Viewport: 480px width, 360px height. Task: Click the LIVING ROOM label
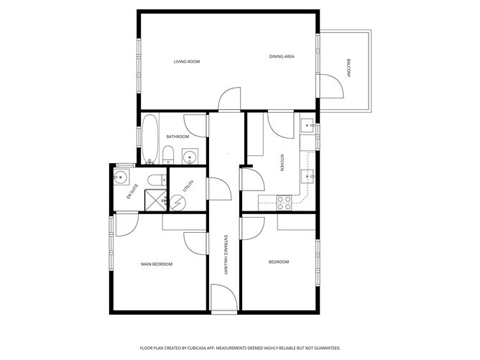pos(187,62)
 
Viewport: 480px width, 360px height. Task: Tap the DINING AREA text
pos(282,57)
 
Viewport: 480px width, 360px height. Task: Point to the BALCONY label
pos(349,68)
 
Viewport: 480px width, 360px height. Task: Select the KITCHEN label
pos(282,164)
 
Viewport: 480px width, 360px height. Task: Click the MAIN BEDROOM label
pos(157,264)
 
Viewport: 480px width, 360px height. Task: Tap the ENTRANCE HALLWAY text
pos(226,252)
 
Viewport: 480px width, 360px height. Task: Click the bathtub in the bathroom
pos(149,140)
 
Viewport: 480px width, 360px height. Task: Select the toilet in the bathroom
pos(167,153)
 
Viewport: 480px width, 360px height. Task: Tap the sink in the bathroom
pos(190,155)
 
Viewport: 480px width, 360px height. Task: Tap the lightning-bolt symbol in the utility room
pos(177,201)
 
